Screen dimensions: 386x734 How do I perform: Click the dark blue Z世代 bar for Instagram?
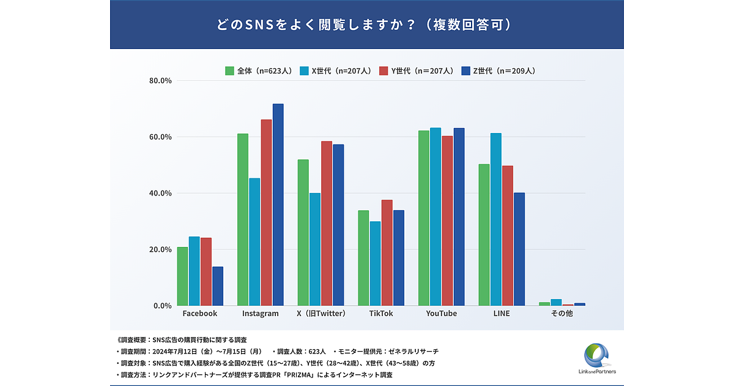(278, 205)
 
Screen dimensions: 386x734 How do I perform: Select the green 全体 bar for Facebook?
(182, 276)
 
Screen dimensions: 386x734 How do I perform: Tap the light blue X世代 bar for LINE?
(495, 219)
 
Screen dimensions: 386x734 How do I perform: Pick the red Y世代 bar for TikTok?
(387, 252)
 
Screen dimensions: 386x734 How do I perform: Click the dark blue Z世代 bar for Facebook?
(218, 286)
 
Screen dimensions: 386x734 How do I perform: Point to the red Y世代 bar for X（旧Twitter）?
(327, 224)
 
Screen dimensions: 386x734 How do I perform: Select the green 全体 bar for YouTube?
(423, 218)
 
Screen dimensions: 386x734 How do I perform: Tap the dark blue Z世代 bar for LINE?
(519, 249)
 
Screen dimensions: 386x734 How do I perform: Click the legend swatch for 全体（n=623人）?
(230, 70)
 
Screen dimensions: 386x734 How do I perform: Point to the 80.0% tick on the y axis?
(160, 81)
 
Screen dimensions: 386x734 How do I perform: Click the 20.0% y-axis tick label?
(160, 249)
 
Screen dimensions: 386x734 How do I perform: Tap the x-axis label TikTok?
(381, 314)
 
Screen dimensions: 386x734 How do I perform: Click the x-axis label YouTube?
(441, 314)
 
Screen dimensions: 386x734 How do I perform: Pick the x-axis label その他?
(562, 314)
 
